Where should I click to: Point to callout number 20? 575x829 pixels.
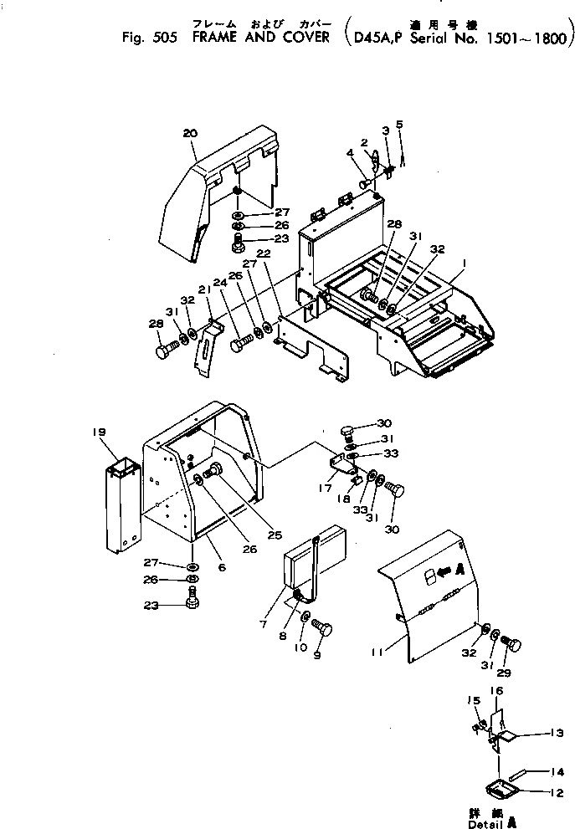pos(189,133)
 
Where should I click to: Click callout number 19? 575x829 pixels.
pos(100,432)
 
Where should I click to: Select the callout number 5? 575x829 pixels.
pos(399,125)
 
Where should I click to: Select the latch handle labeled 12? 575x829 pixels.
pos(502,788)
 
